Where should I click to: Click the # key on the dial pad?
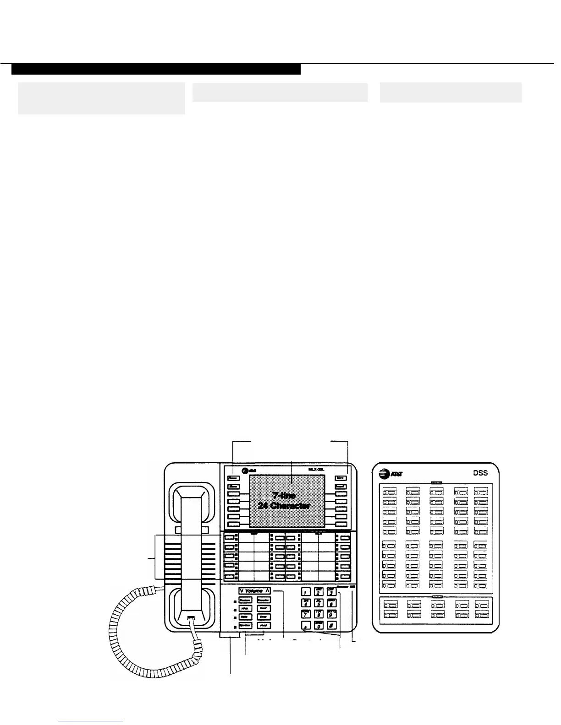tap(333, 626)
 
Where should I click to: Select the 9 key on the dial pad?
tap(333, 615)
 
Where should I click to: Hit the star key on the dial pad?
tap(305, 626)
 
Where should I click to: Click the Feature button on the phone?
tap(245, 600)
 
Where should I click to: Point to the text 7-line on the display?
tap(284, 496)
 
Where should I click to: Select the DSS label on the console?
tap(480, 473)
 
